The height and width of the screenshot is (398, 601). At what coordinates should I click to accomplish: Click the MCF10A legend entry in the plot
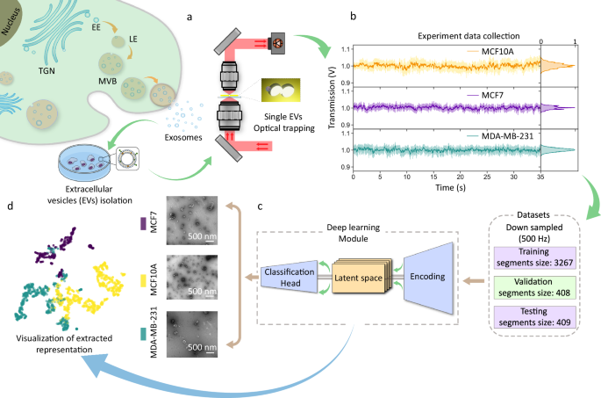tap(496, 50)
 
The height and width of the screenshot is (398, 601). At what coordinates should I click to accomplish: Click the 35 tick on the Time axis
tap(540, 177)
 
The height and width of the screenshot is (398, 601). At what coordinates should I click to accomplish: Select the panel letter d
tap(10, 206)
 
